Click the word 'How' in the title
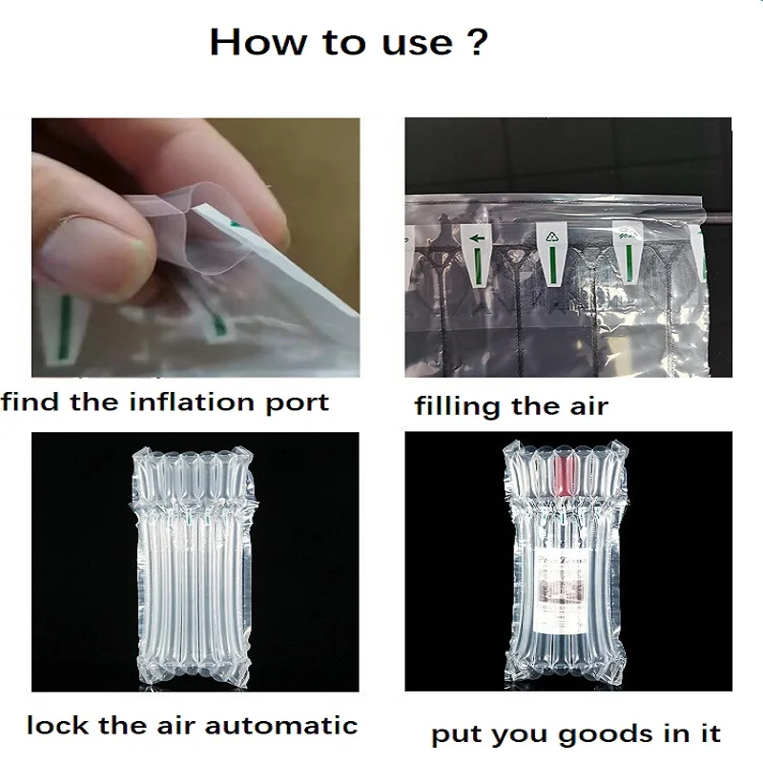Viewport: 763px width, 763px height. coord(258,42)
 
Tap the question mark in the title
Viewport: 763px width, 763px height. coord(477,41)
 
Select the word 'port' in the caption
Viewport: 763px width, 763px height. coord(298,404)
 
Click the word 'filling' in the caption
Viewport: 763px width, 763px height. coord(457,406)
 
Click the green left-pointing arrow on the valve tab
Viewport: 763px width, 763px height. coord(478,238)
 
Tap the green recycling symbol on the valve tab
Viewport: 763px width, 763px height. coord(552,237)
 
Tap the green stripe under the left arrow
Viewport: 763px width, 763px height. coord(478,268)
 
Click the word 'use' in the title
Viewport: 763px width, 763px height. coord(418,44)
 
